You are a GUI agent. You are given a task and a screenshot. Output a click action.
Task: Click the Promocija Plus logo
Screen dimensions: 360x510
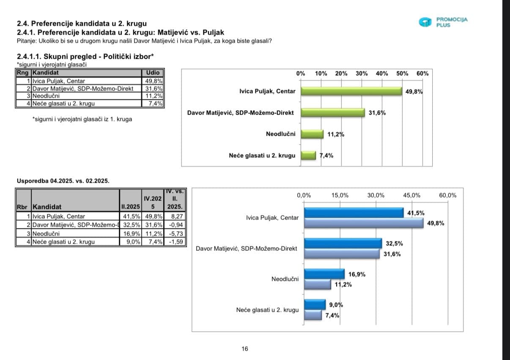point(444,22)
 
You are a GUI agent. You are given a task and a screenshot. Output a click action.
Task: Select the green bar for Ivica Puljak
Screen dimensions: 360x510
point(351,91)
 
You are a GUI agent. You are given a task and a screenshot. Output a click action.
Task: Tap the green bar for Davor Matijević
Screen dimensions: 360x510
point(333,113)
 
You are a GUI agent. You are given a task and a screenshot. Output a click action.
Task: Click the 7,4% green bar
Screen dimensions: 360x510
point(308,155)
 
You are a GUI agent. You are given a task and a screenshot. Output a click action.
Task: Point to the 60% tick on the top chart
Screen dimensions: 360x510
point(422,73)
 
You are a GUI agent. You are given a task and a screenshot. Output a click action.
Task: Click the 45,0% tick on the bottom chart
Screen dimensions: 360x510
point(411,195)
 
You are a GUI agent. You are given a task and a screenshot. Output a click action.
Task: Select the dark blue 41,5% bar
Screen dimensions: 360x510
point(354,213)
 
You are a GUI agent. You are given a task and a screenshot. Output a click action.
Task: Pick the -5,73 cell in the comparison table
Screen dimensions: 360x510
point(177,233)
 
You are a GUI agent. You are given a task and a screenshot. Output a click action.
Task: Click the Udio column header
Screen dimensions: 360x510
point(153,73)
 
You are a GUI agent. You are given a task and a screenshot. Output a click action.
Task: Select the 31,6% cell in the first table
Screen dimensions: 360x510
point(153,88)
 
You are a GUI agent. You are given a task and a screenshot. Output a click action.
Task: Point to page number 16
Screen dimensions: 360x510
point(245,349)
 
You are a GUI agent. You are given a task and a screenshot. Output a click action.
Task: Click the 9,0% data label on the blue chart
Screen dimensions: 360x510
point(336,305)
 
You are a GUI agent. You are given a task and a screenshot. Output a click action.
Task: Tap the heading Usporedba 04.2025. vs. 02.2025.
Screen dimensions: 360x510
point(63,181)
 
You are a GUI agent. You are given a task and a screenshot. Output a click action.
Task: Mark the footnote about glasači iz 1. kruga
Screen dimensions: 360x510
point(82,119)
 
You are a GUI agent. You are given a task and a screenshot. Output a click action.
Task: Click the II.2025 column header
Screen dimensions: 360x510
point(130,207)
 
